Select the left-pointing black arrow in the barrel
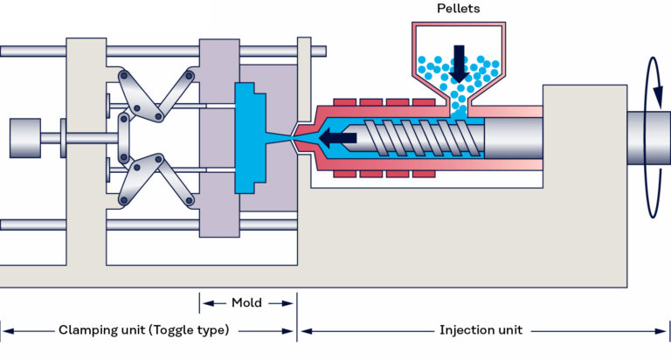click(337, 137)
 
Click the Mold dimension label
click(246, 303)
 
